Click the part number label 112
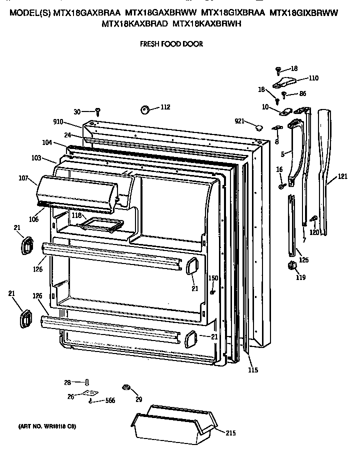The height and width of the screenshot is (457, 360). pos(165,107)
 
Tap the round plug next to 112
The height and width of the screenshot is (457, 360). pos(145,109)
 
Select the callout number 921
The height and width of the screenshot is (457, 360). pos(240,121)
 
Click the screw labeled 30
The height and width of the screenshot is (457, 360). pos(98,110)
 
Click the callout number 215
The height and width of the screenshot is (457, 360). pos(230,433)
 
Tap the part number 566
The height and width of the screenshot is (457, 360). pos(109,400)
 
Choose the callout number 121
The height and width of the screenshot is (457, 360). pos(342,176)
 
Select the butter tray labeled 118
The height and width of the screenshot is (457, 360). pos(102,225)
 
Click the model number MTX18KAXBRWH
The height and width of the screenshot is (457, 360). pos(207,22)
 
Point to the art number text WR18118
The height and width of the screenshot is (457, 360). pos(54,426)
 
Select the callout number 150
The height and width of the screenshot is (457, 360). pos(213,278)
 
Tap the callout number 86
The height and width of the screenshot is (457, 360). pos(302,93)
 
